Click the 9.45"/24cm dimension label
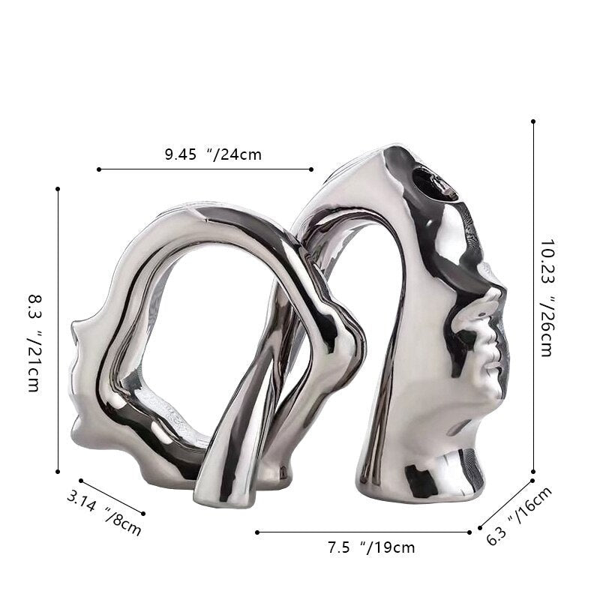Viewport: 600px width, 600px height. point(213,154)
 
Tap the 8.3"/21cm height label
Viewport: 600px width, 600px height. point(34,343)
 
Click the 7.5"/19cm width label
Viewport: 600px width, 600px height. point(371,547)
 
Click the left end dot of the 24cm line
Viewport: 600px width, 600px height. point(99,169)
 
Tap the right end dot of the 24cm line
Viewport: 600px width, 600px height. point(311,169)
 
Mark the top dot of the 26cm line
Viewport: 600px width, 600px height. point(533,121)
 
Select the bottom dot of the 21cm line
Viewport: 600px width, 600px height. point(58,472)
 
